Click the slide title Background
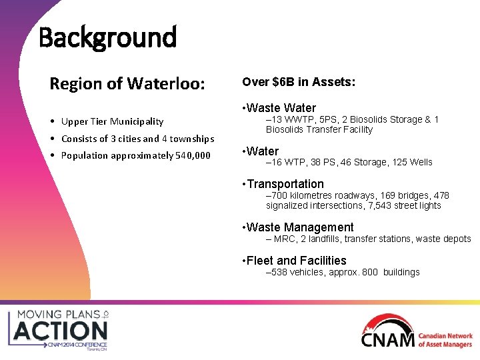tap(107, 37)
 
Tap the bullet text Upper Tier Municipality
tap(112, 121)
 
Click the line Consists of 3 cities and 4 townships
tap(137, 139)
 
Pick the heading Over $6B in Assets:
tap(299, 82)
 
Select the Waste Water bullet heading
tap(281, 108)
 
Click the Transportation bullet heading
tap(285, 184)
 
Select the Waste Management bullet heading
tap(300, 227)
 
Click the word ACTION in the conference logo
tap(61, 331)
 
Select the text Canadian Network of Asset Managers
tap(445, 340)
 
